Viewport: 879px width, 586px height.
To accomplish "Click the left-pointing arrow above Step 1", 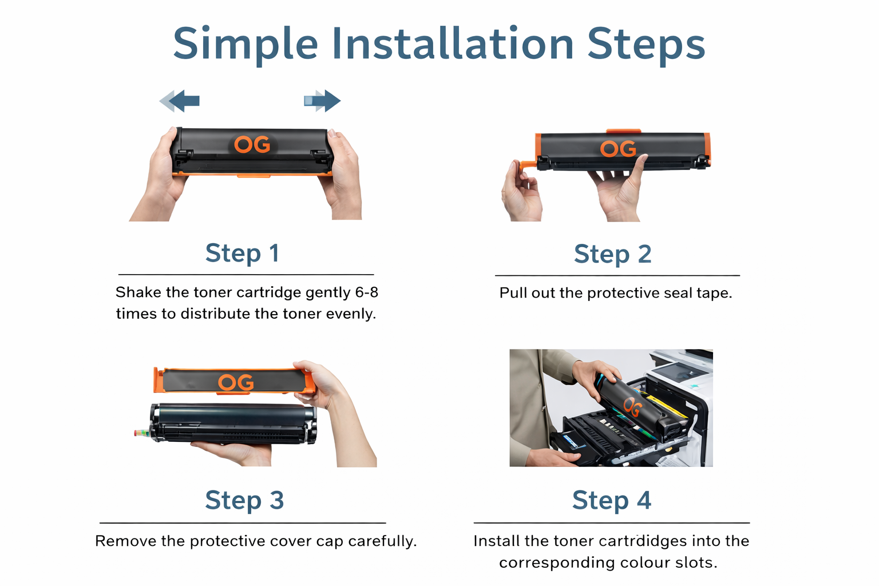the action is tap(179, 101).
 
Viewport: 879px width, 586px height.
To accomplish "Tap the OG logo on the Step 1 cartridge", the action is tap(252, 144).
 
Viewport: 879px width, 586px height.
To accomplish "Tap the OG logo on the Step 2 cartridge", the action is tap(618, 149).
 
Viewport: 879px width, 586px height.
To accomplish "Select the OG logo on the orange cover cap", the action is tap(236, 382).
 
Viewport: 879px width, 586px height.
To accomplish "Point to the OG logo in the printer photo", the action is tap(632, 407).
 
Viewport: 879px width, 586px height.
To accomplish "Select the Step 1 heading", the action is tap(242, 253).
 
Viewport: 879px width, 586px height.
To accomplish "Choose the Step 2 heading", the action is tap(612, 254).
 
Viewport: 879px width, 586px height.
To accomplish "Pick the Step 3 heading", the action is tap(244, 500).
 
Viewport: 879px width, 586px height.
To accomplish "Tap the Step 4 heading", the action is tap(611, 500).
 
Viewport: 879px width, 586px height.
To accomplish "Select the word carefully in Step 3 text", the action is tap(382, 541).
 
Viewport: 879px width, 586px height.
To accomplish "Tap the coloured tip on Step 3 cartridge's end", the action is tap(142, 433).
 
